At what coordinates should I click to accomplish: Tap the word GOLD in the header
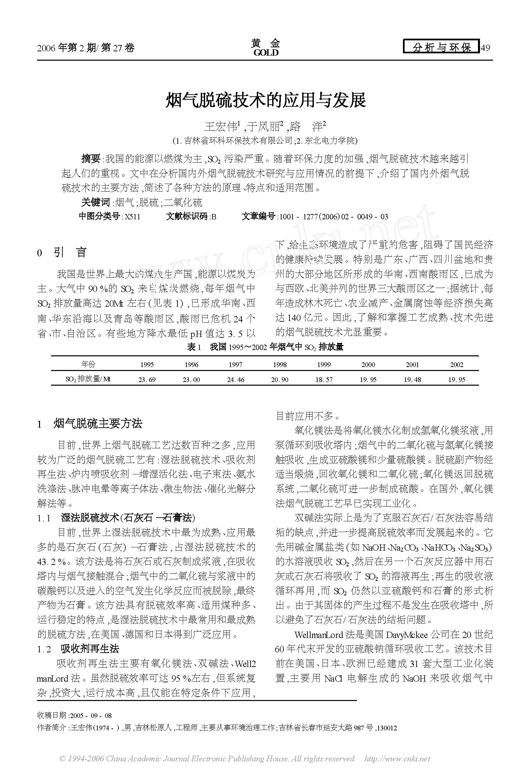(x=266, y=53)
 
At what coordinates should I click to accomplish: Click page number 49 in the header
(x=485, y=48)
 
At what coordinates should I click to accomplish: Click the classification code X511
(x=132, y=217)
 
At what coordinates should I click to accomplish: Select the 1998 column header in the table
(x=280, y=365)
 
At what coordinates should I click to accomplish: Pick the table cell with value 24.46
(x=235, y=380)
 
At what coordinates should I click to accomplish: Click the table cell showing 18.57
(x=324, y=380)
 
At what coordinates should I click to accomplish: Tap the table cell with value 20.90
(x=280, y=380)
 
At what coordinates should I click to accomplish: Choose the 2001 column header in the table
(x=412, y=365)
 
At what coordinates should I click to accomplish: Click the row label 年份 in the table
(x=88, y=364)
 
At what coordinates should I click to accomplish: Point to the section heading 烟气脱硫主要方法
(x=98, y=424)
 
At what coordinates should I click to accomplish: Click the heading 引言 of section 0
(x=70, y=252)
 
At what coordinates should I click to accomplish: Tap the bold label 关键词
(x=96, y=202)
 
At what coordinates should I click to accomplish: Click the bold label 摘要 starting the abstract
(x=91, y=158)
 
